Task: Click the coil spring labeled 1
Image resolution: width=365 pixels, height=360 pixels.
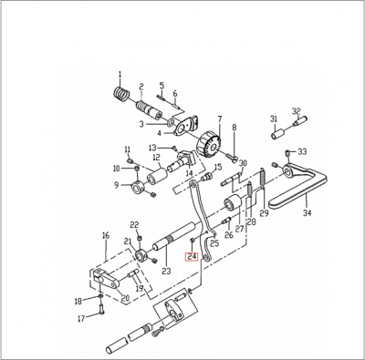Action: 122,94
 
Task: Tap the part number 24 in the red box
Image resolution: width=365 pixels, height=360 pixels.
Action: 193,257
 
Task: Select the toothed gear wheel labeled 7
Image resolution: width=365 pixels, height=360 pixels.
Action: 210,145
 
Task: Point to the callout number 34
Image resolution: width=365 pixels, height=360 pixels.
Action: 307,213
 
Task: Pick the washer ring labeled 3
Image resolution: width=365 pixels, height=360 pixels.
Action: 171,122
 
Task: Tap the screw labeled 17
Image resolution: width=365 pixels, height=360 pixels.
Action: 101,310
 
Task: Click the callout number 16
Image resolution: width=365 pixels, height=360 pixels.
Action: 106,235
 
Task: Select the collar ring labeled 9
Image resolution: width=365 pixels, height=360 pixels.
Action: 138,189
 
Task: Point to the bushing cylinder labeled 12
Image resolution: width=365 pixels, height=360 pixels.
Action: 158,175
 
